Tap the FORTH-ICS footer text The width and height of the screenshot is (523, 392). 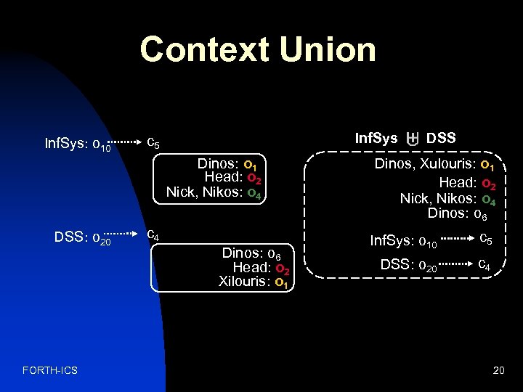[x=50, y=371]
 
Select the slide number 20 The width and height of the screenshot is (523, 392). [x=498, y=371]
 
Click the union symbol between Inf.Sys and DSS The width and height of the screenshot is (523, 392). [x=412, y=139]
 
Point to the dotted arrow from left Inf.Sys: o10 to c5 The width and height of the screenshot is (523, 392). [x=124, y=142]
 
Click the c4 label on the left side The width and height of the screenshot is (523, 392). [x=153, y=235]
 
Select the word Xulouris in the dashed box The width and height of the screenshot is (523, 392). [x=444, y=164]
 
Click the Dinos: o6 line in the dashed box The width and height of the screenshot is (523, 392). [x=457, y=213]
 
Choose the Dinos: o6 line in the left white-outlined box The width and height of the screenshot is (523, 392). [x=251, y=253]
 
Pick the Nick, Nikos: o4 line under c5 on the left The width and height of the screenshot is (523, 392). [x=213, y=192]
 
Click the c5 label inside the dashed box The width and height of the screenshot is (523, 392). [x=487, y=238]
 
